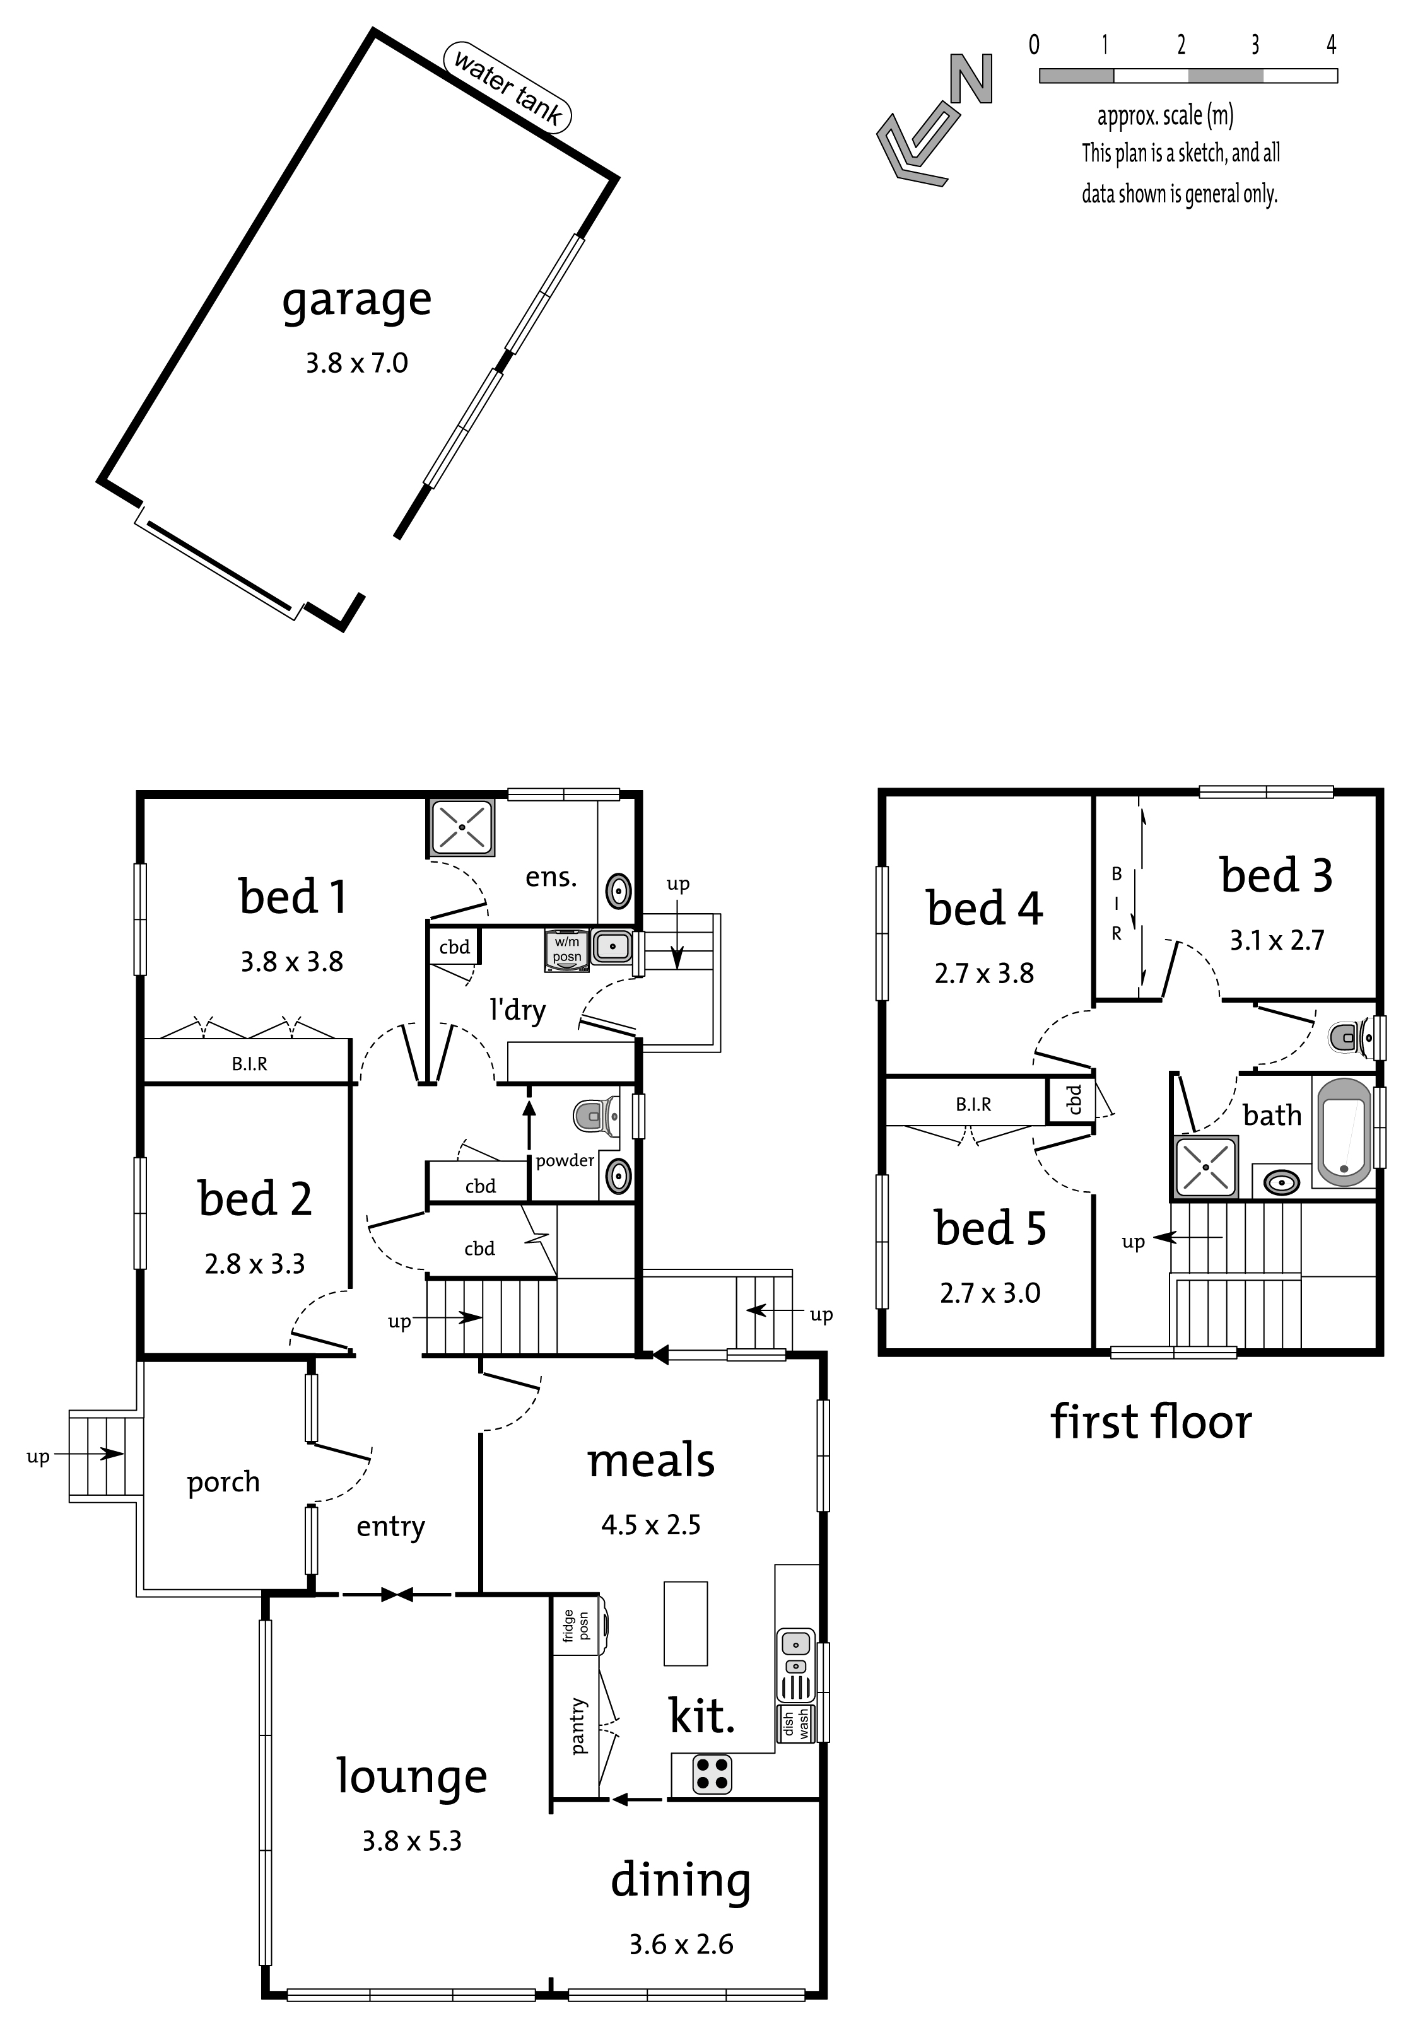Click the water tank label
click(507, 86)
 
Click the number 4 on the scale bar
click(1331, 44)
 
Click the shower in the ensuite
click(461, 827)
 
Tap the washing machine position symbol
click(567, 950)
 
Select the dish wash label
click(795, 1723)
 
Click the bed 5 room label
click(990, 1228)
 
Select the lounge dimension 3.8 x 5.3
click(412, 1841)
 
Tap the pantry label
click(577, 1725)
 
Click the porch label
click(223, 1482)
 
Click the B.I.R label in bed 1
click(249, 1064)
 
